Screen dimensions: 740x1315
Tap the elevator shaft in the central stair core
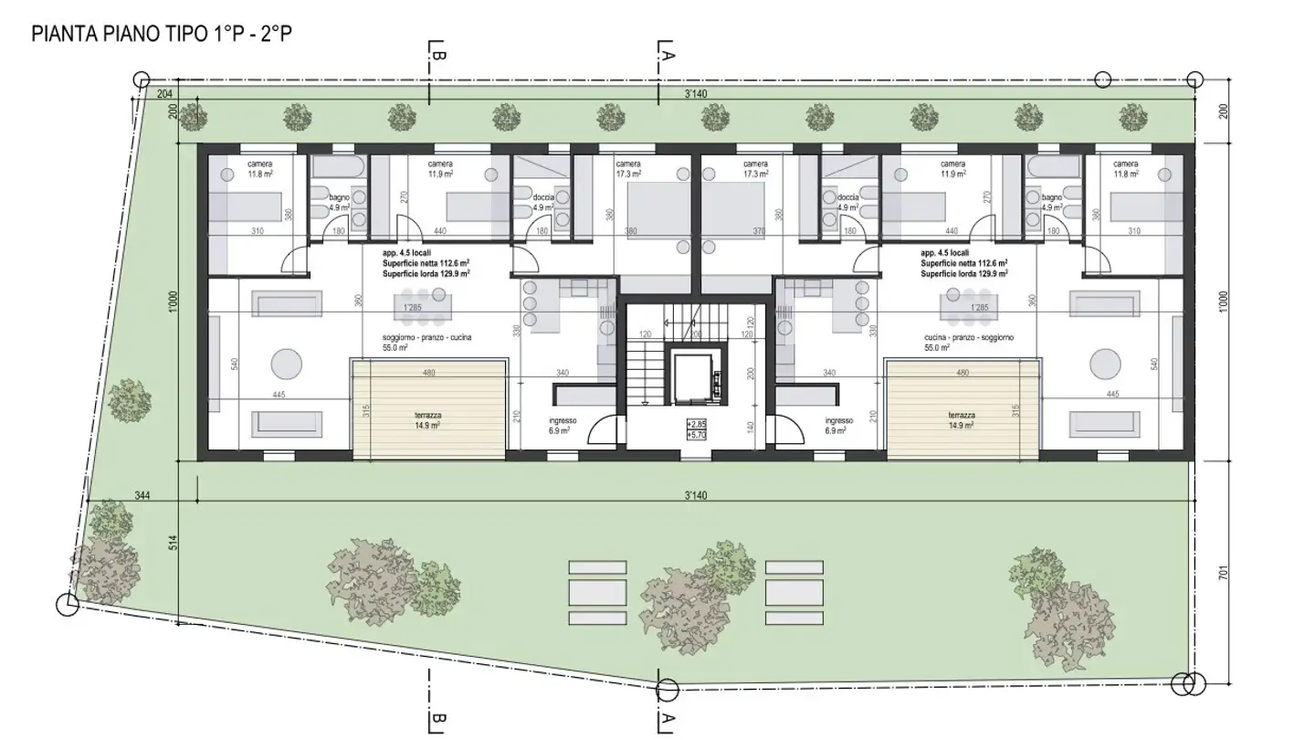700,374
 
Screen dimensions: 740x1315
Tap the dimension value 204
165,93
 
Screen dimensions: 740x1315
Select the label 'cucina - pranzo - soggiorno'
968,337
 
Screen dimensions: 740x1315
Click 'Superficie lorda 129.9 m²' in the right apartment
963,273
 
